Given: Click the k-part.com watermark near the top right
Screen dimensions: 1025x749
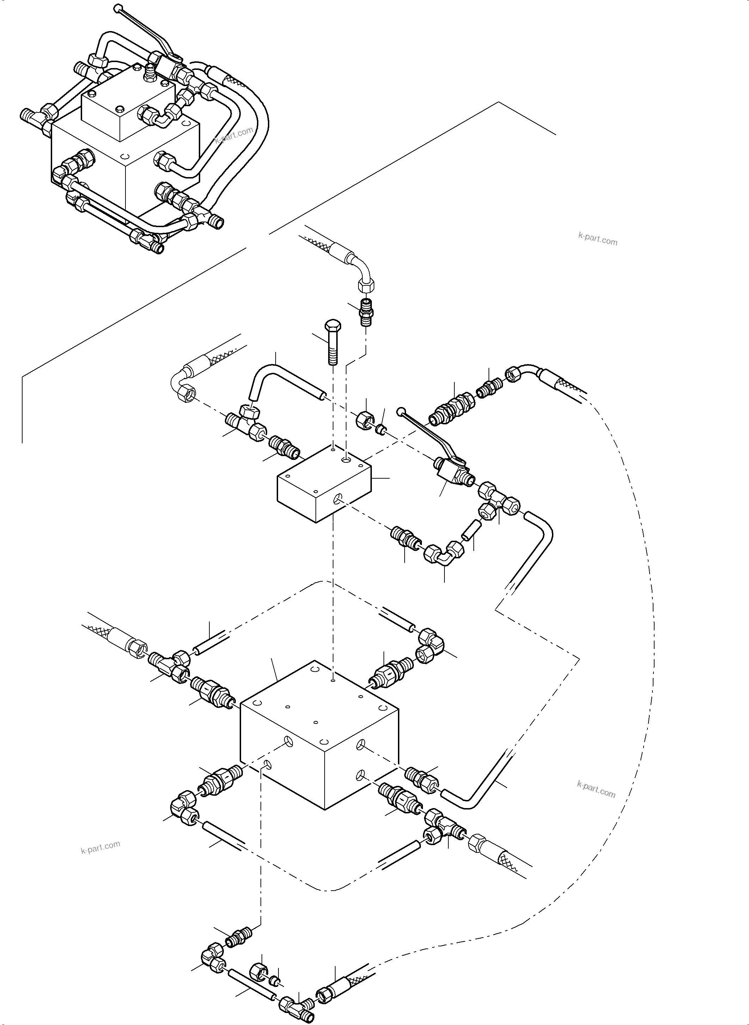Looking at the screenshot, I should point(597,239).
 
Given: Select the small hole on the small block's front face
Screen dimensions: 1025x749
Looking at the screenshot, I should point(336,499).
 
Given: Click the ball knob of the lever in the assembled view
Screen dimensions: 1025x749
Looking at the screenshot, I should point(119,8).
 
